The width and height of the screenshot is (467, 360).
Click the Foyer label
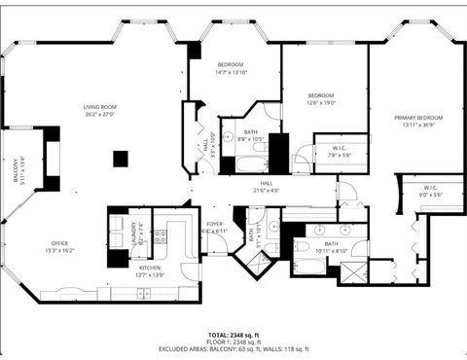click(x=214, y=224)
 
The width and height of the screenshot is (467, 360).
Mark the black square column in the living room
click(x=121, y=159)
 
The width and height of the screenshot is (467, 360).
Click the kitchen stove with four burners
click(x=161, y=234)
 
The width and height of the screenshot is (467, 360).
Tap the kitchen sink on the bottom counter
click(x=144, y=293)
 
